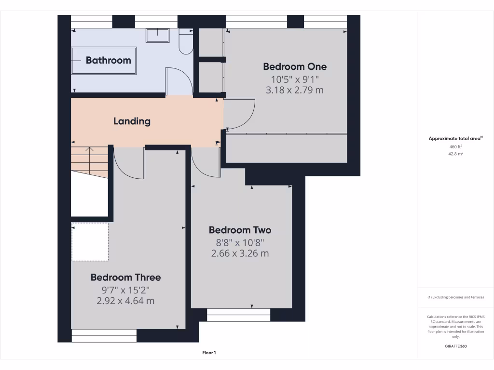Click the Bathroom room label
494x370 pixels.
(x=108, y=60)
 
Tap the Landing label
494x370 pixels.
(x=132, y=121)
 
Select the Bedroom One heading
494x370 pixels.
(x=294, y=66)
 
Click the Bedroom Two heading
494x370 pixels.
(x=240, y=230)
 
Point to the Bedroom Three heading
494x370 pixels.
(x=125, y=277)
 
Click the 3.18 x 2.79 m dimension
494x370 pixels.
(x=294, y=90)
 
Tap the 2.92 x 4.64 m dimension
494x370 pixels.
(x=125, y=301)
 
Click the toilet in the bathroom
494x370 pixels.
(x=185, y=41)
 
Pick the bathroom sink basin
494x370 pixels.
(x=157, y=35)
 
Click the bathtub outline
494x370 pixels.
(x=104, y=60)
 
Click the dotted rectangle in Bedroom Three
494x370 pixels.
(x=90, y=242)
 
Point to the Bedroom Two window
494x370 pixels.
(x=238, y=315)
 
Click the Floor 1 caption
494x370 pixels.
(x=209, y=353)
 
